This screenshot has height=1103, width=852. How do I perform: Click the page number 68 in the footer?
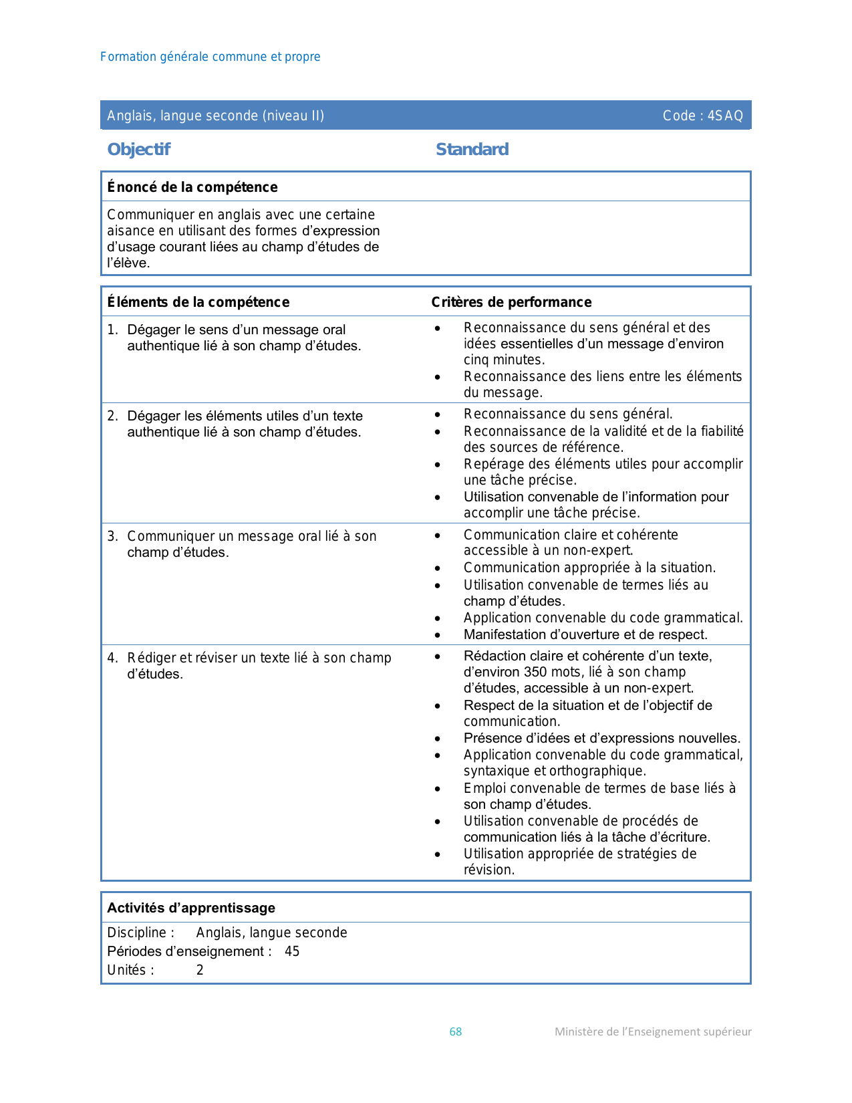coord(455,1031)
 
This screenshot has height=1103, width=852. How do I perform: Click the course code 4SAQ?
coord(725,116)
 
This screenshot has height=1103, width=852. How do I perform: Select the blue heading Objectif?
coord(139,149)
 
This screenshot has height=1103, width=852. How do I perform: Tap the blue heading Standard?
coord(472,149)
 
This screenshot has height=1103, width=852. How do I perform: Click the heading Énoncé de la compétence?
coord(192,187)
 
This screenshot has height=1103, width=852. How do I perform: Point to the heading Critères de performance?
coord(511,302)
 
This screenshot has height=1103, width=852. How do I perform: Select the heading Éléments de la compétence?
coord(198,302)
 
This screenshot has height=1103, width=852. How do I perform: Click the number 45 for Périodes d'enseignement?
coord(292,951)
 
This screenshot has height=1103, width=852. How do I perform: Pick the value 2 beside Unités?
coord(200,970)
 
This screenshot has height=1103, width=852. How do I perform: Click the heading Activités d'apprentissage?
coord(191,908)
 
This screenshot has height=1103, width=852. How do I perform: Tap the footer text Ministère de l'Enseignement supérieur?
coord(653,1031)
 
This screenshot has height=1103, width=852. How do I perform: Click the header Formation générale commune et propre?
coord(210,57)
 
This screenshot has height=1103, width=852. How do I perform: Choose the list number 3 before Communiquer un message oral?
coord(112,536)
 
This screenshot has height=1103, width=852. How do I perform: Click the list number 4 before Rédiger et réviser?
coord(112,658)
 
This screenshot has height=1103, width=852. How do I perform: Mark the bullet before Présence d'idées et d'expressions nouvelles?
coord(437,739)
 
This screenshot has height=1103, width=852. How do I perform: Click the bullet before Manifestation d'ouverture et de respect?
coord(437,635)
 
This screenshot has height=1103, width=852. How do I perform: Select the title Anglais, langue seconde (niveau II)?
coord(216,116)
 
